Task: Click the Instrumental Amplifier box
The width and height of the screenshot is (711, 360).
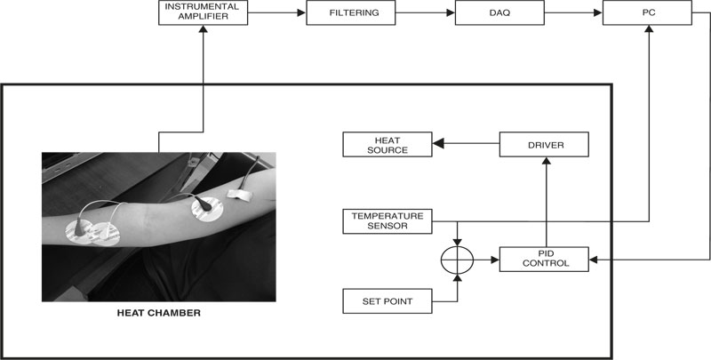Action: pos(203,12)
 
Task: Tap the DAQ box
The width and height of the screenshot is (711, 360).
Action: pos(499,13)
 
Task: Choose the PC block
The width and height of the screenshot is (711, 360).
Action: pos(647,13)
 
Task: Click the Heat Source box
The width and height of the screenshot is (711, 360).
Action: pos(387,144)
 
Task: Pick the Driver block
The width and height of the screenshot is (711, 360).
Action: pos(544,144)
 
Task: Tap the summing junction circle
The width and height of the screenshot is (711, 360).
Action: pos(456,260)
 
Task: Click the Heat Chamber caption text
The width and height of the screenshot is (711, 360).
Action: pos(158,313)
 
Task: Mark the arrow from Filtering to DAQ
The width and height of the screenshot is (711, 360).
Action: pos(425,13)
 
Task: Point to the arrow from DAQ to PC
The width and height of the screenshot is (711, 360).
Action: pos(572,13)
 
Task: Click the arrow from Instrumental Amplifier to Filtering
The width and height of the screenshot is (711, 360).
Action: pos(277,13)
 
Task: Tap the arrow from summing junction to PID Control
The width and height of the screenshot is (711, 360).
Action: pos(486,260)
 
